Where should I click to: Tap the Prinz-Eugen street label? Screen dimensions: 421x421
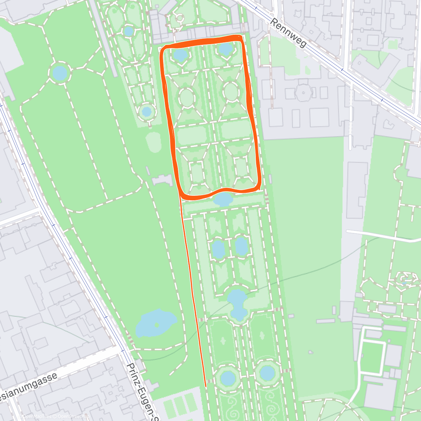click(x=140, y=391)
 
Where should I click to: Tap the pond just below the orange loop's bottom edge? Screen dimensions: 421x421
click(x=223, y=199)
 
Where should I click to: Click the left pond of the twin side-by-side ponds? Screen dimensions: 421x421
click(x=218, y=249)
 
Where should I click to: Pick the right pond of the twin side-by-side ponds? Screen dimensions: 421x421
click(x=241, y=246)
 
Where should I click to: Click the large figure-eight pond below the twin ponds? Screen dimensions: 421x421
click(x=238, y=303)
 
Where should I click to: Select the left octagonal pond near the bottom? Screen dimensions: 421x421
click(x=228, y=378)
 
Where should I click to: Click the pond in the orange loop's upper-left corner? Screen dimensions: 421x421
click(x=180, y=55)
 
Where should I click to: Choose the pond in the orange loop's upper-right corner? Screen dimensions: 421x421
click(x=225, y=49)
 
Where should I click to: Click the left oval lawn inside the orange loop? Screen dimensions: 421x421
click(x=187, y=97)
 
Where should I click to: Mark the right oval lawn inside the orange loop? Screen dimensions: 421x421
click(x=231, y=91)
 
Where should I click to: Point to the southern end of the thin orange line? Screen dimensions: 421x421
click(x=205, y=386)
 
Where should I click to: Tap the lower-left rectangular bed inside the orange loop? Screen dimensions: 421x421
click(x=197, y=172)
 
